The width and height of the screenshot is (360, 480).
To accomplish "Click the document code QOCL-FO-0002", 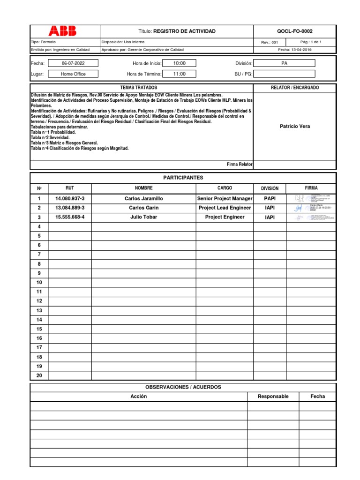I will pos(294,31).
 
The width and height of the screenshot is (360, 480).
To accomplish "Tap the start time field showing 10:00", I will pos(179,63).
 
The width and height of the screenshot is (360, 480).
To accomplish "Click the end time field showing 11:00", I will pos(179,74).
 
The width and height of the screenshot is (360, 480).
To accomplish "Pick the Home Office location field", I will pos(73,74).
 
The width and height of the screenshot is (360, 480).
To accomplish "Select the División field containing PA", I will pos(284,63).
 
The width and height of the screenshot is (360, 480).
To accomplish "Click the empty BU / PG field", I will pos(284,74).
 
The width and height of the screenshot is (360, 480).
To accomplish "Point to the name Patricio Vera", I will pos(294,126).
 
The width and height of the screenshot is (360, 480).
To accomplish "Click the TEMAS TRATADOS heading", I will pos(139,88).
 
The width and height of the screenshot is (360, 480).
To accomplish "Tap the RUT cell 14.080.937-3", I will pos(70,199).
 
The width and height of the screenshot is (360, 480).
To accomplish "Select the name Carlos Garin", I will pos(143,208).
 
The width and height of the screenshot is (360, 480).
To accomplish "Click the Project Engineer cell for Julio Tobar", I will pos(225,217).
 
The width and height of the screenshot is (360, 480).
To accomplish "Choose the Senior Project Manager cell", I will pos(225,199).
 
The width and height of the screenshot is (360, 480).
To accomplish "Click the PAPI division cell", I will pos(270,199).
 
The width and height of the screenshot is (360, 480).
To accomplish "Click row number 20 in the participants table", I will pos(39,375).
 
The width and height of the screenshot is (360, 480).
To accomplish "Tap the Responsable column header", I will pos(273,397).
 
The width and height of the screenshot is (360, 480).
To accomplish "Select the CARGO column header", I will pos(225,188).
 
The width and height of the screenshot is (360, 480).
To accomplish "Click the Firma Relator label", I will pos(239,165).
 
